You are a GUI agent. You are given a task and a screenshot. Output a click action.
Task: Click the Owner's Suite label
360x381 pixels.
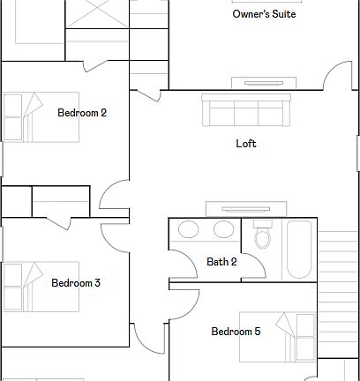(264, 14)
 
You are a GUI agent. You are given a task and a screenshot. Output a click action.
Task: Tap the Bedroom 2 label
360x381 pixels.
(82, 113)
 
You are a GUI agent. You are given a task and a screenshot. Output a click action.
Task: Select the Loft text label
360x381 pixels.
(246, 144)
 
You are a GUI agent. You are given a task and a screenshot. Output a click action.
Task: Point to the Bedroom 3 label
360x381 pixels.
(75, 283)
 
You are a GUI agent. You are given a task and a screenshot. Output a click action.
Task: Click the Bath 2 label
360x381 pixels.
(221, 262)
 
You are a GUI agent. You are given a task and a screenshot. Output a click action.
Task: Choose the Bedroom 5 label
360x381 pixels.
(236, 332)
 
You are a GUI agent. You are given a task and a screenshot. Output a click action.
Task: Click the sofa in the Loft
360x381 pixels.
(246, 111)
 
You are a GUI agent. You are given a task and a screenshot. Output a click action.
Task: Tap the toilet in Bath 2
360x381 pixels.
(262, 236)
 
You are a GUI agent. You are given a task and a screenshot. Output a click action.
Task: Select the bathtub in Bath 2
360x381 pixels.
(300, 250)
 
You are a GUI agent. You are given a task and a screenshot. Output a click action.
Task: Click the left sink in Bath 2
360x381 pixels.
(189, 230)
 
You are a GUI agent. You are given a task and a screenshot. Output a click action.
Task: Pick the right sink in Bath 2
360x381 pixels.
(224, 230)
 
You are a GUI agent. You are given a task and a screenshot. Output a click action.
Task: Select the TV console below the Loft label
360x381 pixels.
(246, 209)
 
